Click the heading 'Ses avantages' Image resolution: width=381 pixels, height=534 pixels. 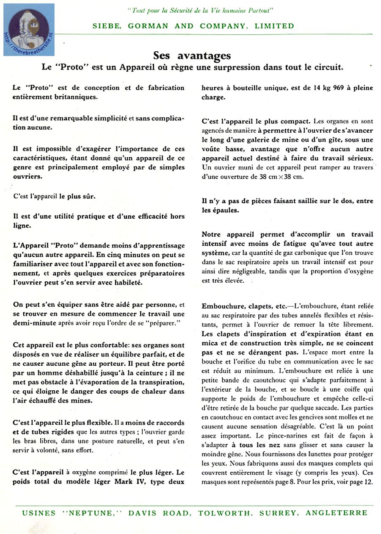[192, 56]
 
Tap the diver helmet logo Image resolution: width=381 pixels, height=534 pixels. [28, 28]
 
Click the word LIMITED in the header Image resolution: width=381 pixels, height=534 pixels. [274, 26]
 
